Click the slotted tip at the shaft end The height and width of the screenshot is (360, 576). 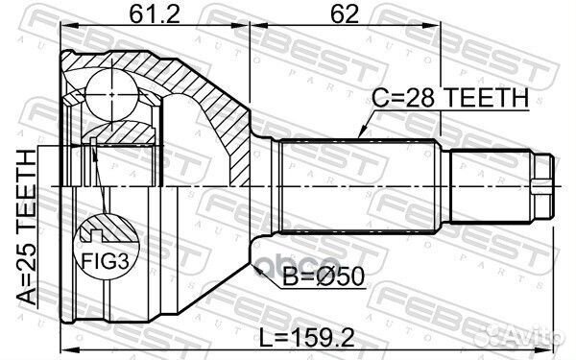pos(544,183)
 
